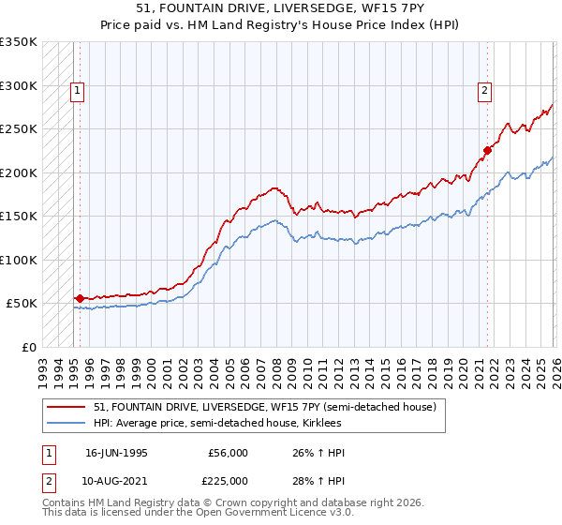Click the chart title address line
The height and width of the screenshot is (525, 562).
pyautogui.click(x=281, y=7)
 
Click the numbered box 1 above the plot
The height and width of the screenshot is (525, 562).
pyautogui.click(x=76, y=91)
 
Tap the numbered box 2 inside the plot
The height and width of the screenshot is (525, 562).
pyautogui.click(x=484, y=91)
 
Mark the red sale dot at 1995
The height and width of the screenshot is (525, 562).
pyautogui.click(x=80, y=298)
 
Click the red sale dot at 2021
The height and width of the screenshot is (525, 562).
pyautogui.click(x=487, y=150)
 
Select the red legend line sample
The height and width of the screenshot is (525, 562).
pyautogui.click(x=67, y=407)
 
